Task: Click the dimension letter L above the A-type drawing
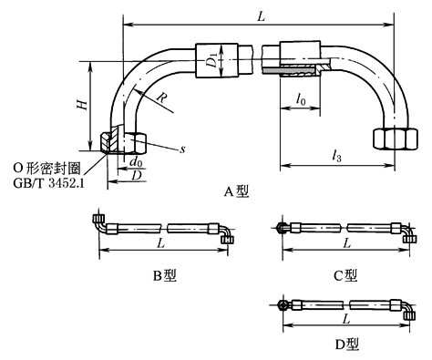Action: tap(261, 16)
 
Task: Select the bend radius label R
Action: tap(162, 98)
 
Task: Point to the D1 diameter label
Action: tap(212, 59)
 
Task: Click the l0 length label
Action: tap(301, 99)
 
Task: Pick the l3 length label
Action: tap(336, 156)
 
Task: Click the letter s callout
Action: tap(182, 149)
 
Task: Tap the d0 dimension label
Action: tap(136, 162)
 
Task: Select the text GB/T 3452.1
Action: tap(48, 183)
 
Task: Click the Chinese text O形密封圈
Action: tap(47, 169)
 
